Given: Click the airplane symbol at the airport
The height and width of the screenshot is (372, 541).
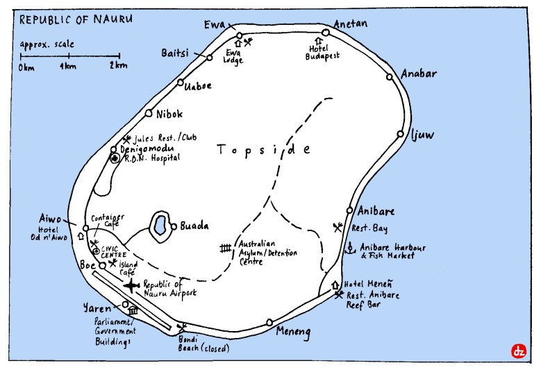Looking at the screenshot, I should point(131,285).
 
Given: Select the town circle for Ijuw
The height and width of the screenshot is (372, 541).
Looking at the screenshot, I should point(400,135).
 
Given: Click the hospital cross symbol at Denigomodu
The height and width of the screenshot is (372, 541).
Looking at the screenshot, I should point(115,158).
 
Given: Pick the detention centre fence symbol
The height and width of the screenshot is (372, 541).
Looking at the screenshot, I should point(225,248).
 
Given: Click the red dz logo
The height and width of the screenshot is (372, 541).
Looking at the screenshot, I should point(517,350).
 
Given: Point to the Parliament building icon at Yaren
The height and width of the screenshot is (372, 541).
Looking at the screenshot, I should point(133,311).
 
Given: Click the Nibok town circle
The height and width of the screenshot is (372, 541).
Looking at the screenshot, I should point(148,113).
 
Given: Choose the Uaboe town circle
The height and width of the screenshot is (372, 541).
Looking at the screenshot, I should point(179,83).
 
